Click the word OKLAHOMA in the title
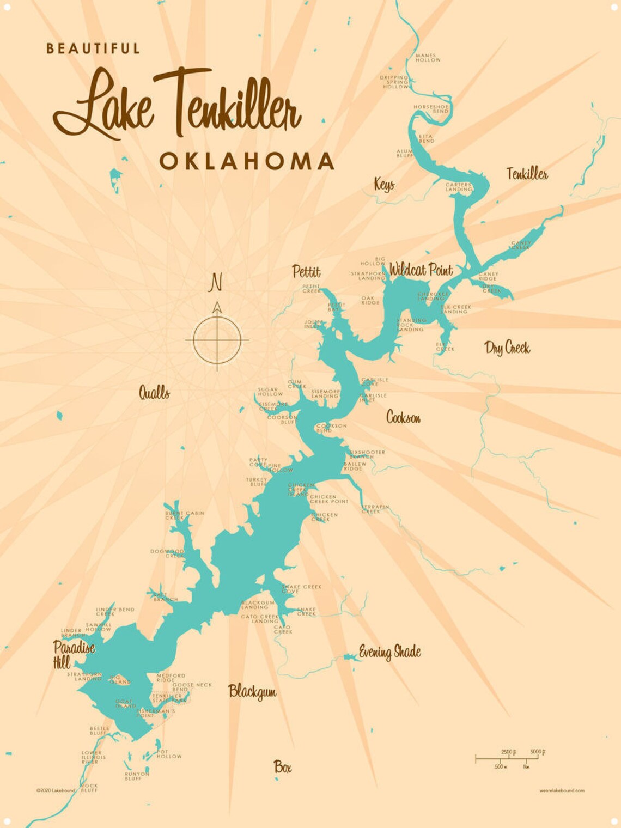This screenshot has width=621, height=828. [246, 161]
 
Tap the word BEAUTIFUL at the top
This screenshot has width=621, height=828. [93, 48]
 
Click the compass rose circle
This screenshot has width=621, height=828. [217, 340]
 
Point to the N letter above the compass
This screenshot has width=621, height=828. [216, 283]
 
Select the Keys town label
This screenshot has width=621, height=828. [384, 184]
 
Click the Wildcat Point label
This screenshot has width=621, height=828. [421, 269]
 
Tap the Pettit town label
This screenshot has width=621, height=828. [306, 271]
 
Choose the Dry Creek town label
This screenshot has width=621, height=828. [507, 348]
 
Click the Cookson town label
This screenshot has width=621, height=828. [403, 417]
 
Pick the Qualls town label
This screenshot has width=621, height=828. [154, 392]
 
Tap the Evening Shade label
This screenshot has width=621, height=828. [389, 652]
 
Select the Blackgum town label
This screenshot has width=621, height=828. [252, 691]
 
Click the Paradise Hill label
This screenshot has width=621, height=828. [74, 654]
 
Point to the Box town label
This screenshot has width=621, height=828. [282, 767]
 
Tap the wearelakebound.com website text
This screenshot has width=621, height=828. [562, 790]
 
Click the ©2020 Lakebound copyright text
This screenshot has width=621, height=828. [56, 790]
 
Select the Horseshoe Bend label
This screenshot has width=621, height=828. [430, 109]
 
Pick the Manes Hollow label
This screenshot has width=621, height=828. [428, 58]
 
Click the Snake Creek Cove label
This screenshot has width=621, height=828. [301, 589]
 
